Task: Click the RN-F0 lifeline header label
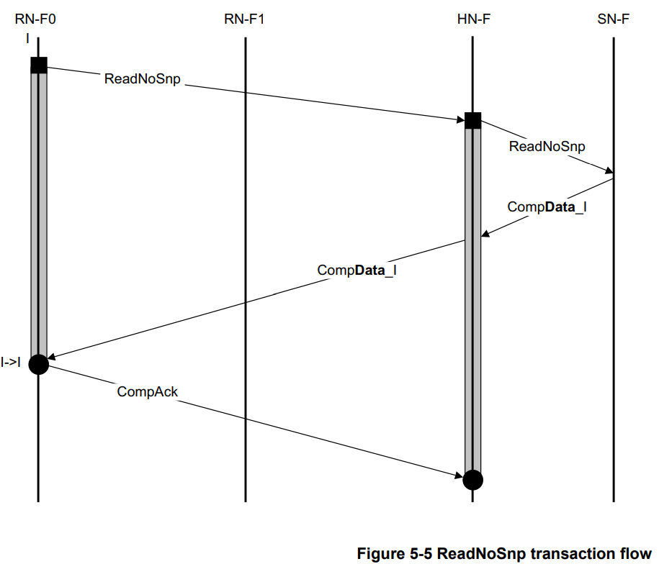[x=35, y=19]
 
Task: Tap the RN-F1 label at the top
[x=245, y=19]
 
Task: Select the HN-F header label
[x=473, y=19]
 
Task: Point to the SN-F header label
[x=613, y=19]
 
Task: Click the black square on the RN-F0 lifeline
[x=39, y=65]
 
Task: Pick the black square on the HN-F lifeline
[x=473, y=120]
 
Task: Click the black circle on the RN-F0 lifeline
[x=38, y=365]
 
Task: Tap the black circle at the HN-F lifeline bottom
[x=473, y=479]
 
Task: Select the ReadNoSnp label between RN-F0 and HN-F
[x=143, y=79]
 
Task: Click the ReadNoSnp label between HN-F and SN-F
[x=547, y=146]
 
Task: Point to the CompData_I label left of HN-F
[x=357, y=271]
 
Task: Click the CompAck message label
[x=148, y=391]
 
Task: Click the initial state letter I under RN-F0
[x=27, y=37]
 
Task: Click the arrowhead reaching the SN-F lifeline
[x=609, y=172]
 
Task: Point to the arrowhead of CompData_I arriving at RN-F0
[x=51, y=355]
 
